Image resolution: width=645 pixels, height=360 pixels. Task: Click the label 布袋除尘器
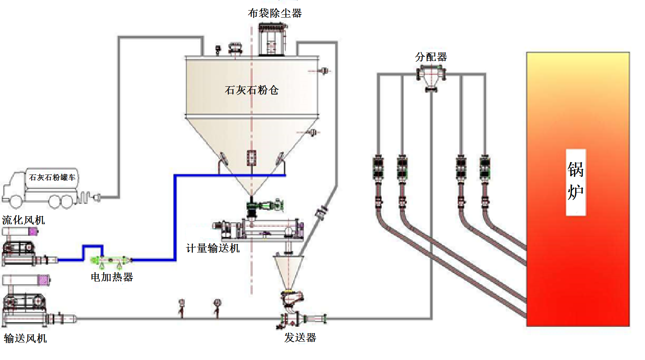click(275, 13)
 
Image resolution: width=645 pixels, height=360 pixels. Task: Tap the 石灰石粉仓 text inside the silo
click(252, 90)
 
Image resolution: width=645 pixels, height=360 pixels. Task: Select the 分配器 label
click(431, 57)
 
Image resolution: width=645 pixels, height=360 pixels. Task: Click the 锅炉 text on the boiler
click(576, 181)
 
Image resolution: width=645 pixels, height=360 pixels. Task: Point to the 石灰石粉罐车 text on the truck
click(52, 177)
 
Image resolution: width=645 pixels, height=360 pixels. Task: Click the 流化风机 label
click(23, 220)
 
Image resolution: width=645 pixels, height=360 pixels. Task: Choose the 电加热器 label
click(112, 277)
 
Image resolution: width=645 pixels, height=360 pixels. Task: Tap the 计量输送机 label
click(213, 248)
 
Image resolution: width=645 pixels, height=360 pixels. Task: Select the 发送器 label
click(300, 337)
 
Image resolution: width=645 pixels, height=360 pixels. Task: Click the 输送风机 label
click(25, 339)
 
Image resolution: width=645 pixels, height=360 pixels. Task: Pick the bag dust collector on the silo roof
click(272, 39)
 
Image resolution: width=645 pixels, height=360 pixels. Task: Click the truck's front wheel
click(16, 201)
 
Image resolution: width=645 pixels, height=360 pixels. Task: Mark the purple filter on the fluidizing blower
click(33, 232)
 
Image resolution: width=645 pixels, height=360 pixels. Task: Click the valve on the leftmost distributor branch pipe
click(378, 168)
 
